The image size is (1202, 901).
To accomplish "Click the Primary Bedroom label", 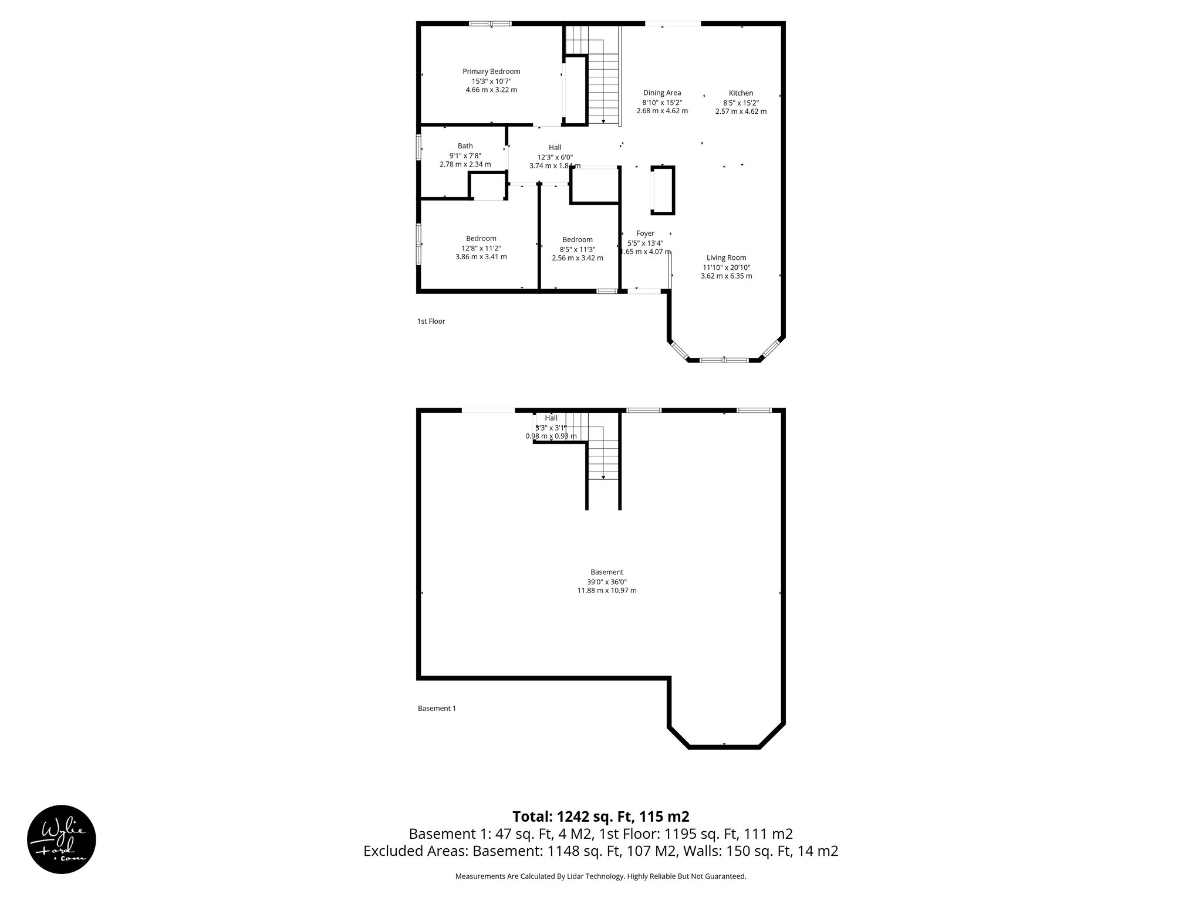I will [x=491, y=72].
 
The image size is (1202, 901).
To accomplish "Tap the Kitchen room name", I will [x=741, y=93].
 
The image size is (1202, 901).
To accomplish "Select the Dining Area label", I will [x=662, y=93].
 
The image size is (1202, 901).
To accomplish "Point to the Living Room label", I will [x=726, y=258].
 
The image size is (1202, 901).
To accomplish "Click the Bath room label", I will [x=465, y=146].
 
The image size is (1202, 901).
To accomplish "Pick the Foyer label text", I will [x=645, y=233].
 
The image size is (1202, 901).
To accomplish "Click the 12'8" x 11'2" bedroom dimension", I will [x=481, y=248].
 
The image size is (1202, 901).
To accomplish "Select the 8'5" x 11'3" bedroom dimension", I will [x=577, y=249].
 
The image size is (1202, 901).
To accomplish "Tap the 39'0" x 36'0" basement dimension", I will [x=606, y=581].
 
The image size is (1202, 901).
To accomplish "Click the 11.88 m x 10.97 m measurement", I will [x=606, y=591].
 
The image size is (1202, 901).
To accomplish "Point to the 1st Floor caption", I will [x=431, y=321].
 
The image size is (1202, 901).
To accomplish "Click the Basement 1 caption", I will [x=437, y=709].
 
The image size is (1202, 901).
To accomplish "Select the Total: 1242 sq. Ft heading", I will [x=600, y=817].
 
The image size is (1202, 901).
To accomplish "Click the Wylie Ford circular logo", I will [x=62, y=839].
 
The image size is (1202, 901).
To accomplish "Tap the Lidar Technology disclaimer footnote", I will [x=600, y=876].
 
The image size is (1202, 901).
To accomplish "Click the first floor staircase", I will [x=603, y=88].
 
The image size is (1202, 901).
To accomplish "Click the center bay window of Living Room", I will [x=724, y=360].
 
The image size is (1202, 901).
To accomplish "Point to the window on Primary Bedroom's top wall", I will [x=490, y=24].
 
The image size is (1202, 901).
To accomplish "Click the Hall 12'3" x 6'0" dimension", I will [x=555, y=157].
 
